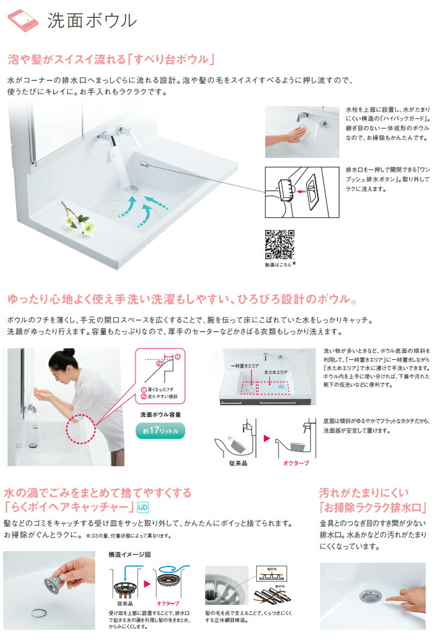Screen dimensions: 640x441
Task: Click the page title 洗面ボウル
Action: click(x=91, y=20)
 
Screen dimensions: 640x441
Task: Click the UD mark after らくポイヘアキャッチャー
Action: click(x=143, y=508)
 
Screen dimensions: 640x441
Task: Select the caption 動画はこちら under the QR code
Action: click(x=279, y=263)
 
